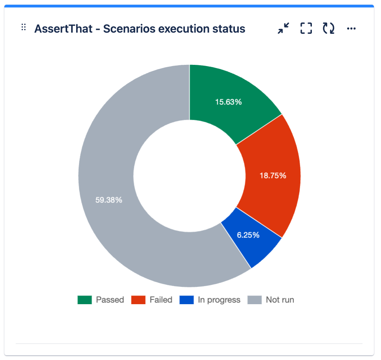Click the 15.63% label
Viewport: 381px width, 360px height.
click(228, 102)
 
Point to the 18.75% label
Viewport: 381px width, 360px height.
click(273, 176)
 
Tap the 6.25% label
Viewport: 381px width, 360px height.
click(248, 235)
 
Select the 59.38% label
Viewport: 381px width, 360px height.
click(109, 200)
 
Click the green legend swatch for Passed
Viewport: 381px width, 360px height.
click(84, 300)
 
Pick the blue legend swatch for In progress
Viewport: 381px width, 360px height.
click(187, 300)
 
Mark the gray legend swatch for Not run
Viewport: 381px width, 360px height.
click(255, 300)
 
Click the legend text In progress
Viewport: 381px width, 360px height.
click(219, 300)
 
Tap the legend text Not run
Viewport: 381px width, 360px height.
click(280, 300)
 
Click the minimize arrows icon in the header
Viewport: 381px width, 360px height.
click(283, 28)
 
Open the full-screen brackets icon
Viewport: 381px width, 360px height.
click(306, 28)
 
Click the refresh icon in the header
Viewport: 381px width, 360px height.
click(329, 28)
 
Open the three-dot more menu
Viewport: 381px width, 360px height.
click(352, 28)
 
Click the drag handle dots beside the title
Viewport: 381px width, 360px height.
click(24, 28)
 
